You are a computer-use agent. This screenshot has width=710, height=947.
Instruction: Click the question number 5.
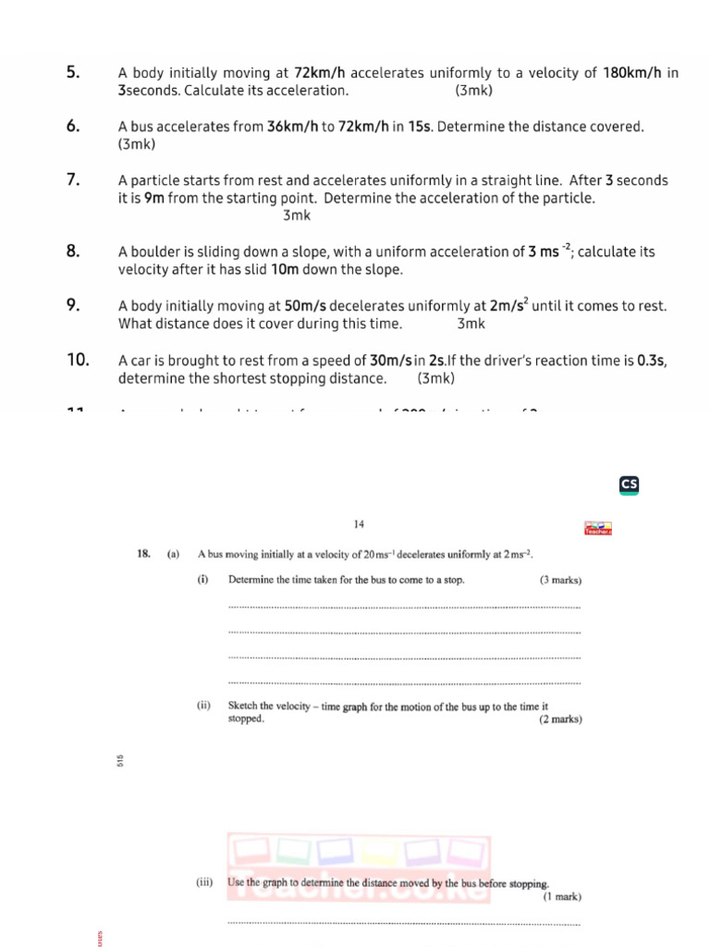point(73,72)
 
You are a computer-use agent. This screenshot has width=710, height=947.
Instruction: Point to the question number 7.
point(73,179)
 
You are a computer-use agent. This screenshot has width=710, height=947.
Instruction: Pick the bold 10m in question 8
point(284,270)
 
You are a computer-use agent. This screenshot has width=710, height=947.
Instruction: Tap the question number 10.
point(78,359)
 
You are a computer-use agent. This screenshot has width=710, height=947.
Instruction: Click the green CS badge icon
point(630,484)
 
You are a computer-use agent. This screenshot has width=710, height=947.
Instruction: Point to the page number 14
point(360,524)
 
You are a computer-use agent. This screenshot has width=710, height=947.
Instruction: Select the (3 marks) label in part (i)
point(560,581)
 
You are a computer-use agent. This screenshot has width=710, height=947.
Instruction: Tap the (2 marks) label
point(560,719)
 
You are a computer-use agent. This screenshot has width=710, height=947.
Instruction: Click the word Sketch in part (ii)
point(243,706)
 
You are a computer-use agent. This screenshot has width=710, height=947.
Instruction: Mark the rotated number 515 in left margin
point(120,761)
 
